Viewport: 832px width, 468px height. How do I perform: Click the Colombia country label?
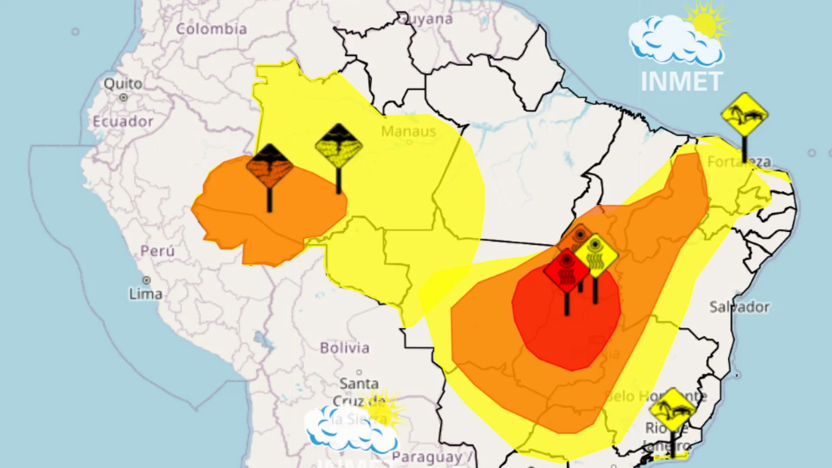coord(211,29)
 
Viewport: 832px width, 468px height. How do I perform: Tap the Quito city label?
coord(123,83)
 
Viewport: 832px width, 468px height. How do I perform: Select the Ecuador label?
coord(123,121)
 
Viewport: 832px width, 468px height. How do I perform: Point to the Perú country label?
coord(157,251)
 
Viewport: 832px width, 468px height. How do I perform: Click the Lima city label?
coord(146,294)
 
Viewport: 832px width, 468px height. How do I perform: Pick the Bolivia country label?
coord(345,348)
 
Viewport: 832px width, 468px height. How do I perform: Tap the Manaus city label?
coord(409,131)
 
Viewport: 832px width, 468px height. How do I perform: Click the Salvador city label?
coord(739,307)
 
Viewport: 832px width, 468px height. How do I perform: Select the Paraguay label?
coord(427,457)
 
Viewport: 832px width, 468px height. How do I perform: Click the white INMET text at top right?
coord(682,81)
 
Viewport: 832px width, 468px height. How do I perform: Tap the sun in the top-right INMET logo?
coord(704,24)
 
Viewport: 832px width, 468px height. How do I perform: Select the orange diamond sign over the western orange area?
coord(270,166)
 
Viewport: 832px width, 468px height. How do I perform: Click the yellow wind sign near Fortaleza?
coord(744,115)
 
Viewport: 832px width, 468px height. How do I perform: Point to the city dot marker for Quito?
coord(123,97)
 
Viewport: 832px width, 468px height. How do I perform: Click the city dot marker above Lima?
coord(147,280)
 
